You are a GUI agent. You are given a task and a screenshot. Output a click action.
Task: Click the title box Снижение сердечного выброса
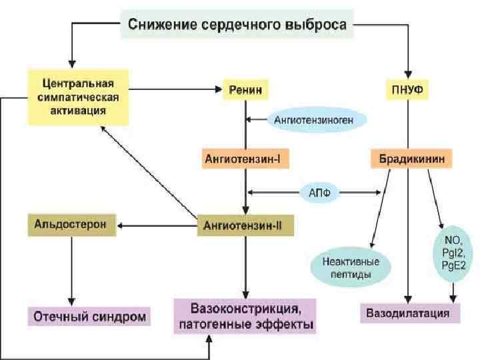click(x=237, y=26)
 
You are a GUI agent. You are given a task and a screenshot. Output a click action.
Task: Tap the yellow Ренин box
click(x=246, y=88)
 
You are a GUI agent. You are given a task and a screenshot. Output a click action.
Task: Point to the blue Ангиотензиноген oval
click(x=319, y=120)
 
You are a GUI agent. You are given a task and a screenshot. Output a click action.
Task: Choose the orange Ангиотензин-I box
click(x=246, y=159)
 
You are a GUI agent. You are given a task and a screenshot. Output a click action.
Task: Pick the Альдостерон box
click(x=71, y=225)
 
